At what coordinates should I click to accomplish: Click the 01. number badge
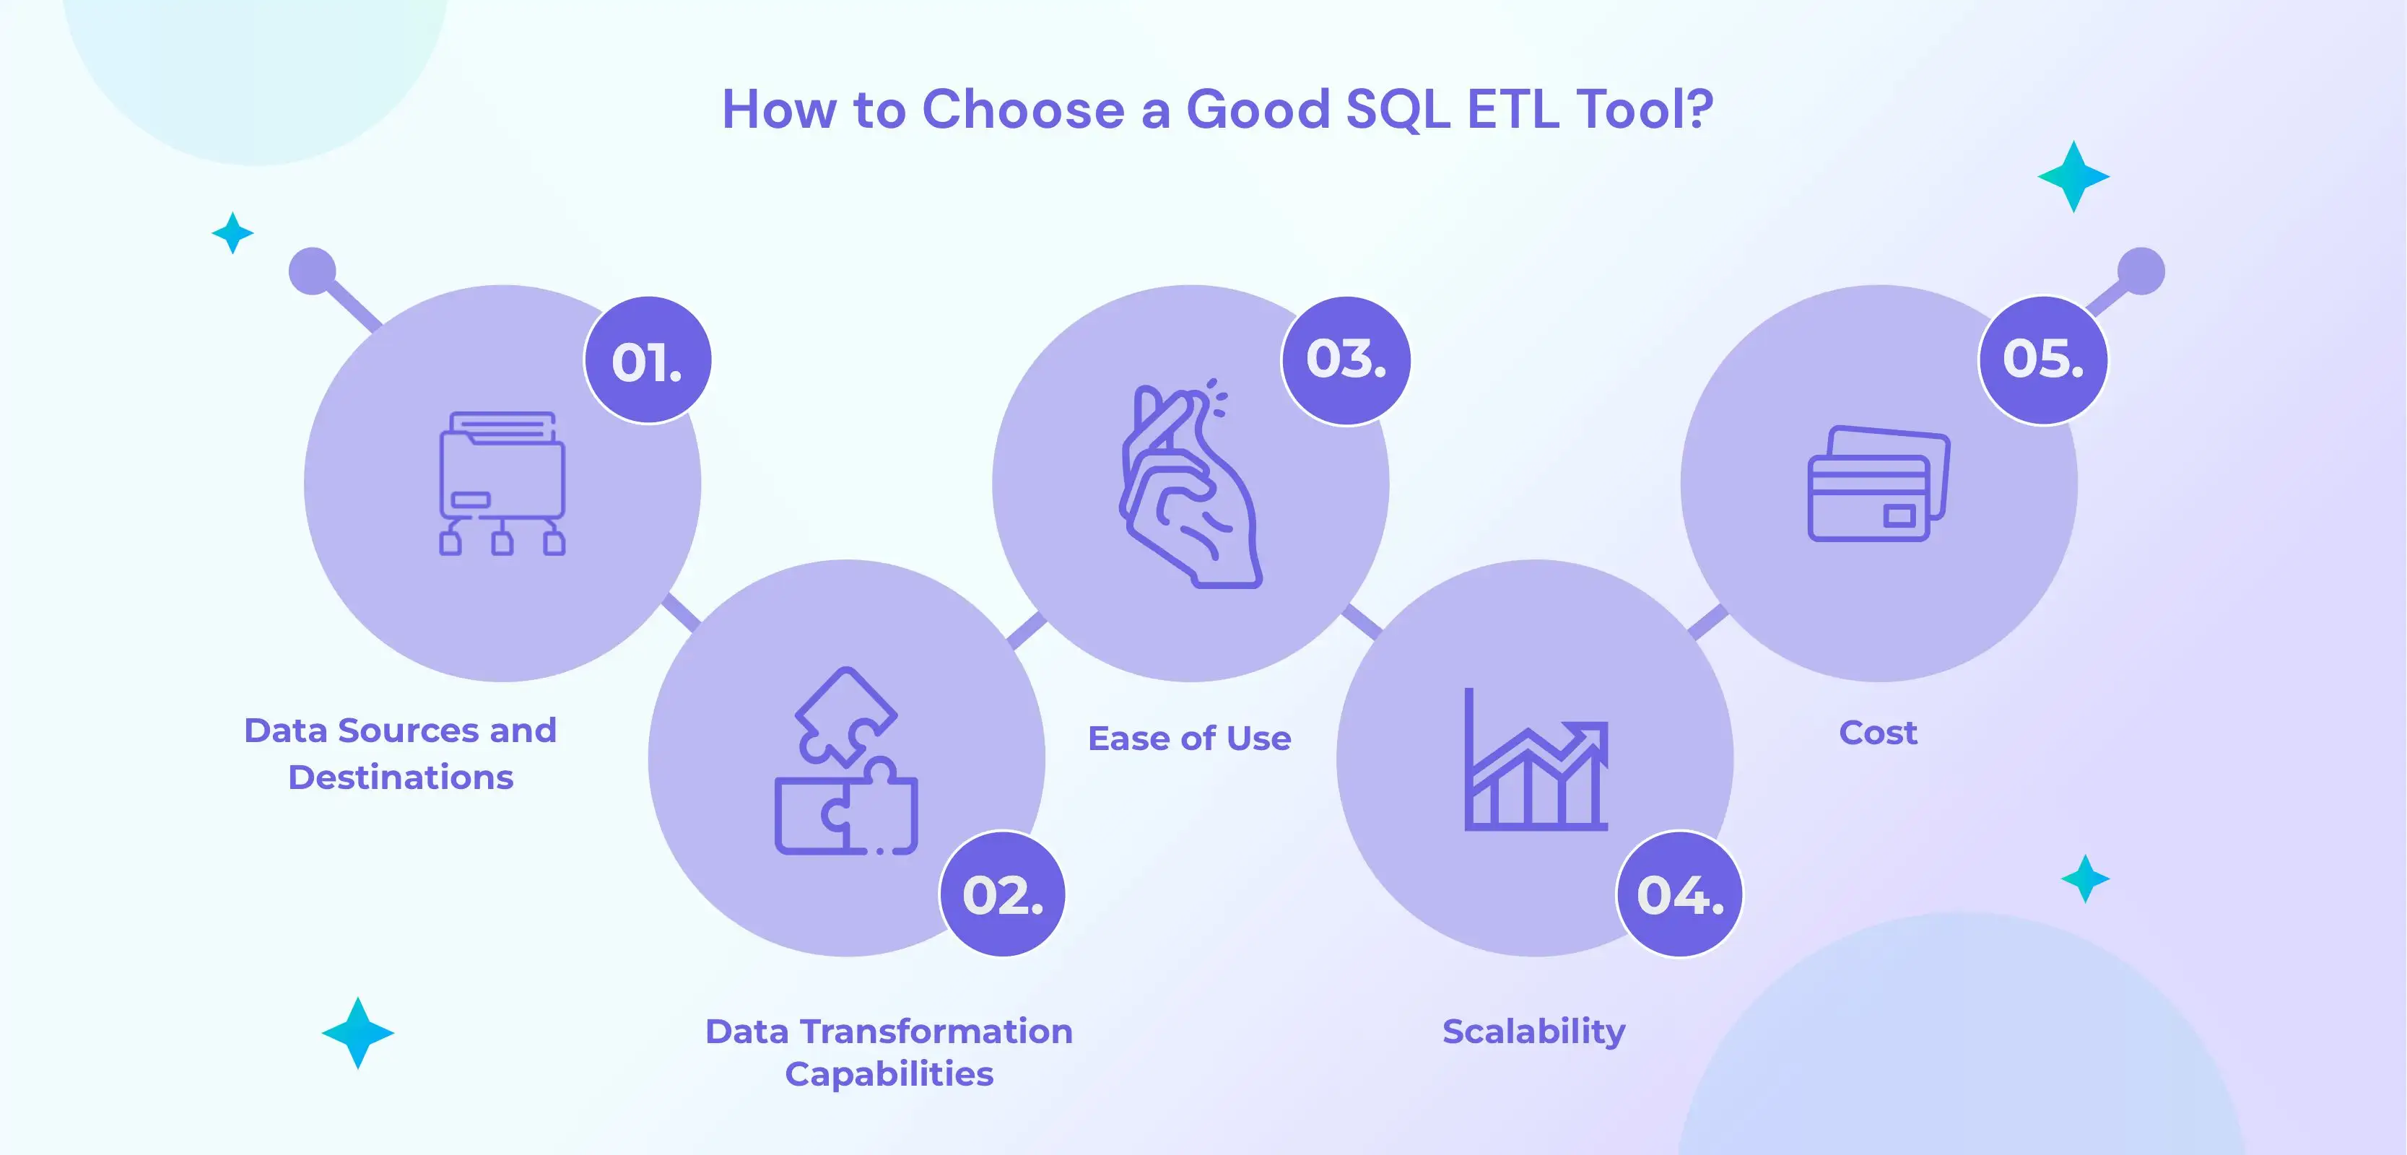click(648, 361)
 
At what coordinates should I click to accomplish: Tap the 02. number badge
click(1003, 894)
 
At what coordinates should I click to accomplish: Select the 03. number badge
click(1346, 361)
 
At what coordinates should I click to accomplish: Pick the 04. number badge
click(1680, 894)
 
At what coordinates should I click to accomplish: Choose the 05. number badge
click(2042, 361)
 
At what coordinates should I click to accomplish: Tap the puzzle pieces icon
click(845, 761)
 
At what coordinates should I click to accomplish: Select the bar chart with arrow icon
click(1535, 761)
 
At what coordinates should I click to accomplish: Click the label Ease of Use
click(1190, 738)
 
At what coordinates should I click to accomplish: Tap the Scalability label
click(1533, 1032)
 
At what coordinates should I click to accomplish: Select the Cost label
click(1878, 733)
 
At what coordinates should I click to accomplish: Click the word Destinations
click(401, 777)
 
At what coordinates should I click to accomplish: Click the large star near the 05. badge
click(2073, 177)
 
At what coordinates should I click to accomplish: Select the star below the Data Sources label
click(358, 1032)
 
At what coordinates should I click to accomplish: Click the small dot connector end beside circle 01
click(312, 271)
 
